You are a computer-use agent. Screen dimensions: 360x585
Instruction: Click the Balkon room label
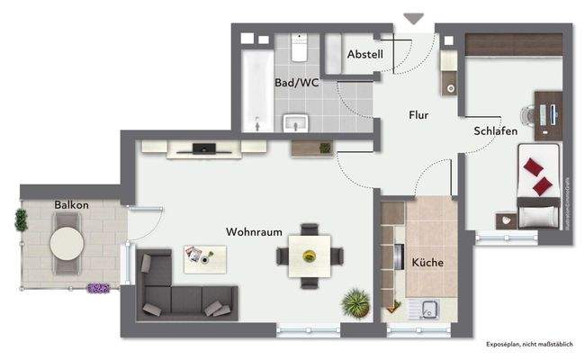[71, 205]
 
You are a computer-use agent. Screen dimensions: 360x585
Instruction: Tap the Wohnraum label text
[248, 231]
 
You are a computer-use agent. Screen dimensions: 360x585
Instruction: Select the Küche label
[427, 262]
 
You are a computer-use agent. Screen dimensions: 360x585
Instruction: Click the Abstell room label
[364, 55]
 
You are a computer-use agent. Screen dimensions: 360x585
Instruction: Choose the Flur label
[418, 115]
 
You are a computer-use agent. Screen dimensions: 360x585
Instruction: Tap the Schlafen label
[495, 131]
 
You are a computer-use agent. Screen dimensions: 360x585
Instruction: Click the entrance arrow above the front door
[413, 19]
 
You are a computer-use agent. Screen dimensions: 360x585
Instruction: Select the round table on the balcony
[67, 242]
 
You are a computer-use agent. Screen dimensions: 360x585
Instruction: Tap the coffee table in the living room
[205, 259]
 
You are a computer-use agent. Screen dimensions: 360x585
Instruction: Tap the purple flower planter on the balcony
[98, 289]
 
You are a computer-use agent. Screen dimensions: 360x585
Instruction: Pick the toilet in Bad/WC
[300, 45]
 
